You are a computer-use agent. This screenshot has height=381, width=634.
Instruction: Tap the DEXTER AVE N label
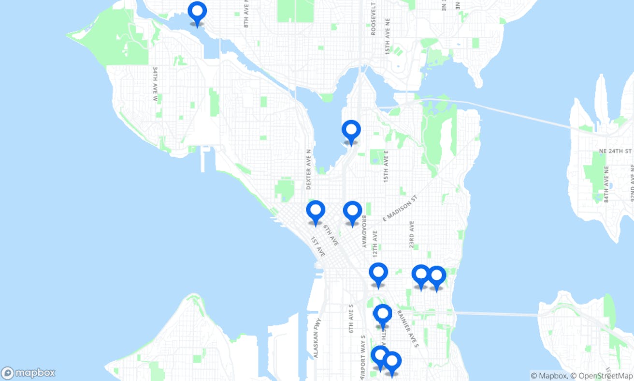309,169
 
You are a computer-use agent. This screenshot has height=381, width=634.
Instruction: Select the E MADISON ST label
399,209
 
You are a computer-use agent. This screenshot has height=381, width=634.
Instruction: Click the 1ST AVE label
317,247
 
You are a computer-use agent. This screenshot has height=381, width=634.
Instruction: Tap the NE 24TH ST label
615,151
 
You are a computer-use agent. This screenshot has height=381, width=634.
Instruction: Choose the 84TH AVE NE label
606,184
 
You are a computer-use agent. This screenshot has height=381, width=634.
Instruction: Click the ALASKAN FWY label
316,340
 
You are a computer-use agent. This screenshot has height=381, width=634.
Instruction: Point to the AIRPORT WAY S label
363,358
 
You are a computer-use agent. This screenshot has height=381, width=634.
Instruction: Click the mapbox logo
28,373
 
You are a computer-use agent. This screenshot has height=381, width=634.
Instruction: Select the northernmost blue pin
197,12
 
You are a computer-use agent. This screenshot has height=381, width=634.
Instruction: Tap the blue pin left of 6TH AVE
316,211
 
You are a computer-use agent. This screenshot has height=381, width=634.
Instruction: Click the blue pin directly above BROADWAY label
352,212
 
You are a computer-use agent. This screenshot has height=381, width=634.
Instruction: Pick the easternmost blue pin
436,276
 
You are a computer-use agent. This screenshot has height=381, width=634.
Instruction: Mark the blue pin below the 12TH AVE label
378,274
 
